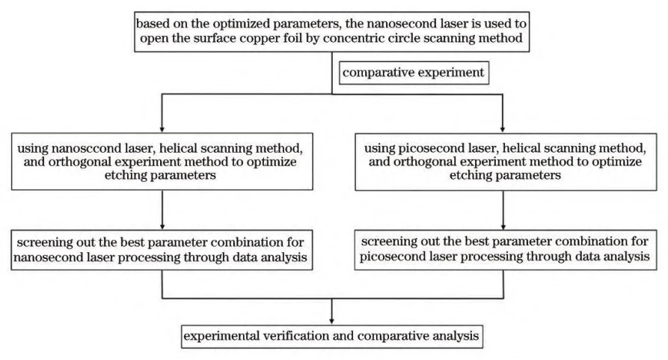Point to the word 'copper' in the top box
coord(243,39)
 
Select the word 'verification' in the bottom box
coord(289,335)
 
